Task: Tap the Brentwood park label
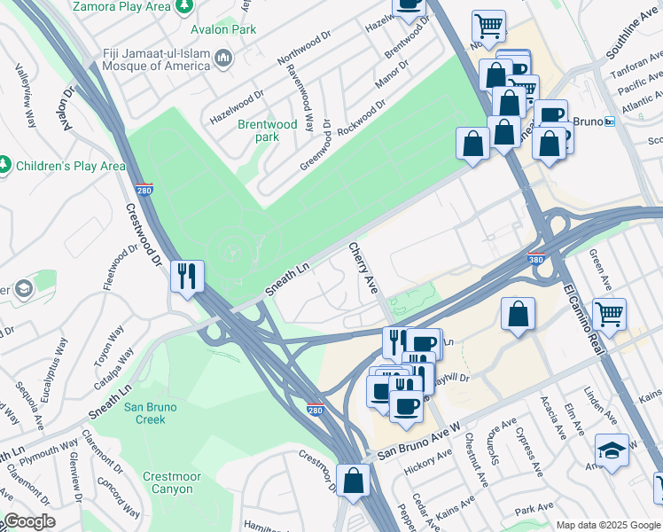(268, 130)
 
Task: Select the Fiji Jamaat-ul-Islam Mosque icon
(224, 59)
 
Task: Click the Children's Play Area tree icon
(4, 166)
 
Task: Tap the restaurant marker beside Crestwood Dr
(188, 276)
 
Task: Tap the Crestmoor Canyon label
(172, 482)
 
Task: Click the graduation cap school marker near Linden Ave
(612, 450)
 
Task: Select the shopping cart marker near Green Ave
(609, 313)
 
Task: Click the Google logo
(29, 521)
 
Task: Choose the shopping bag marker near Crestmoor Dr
(354, 481)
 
